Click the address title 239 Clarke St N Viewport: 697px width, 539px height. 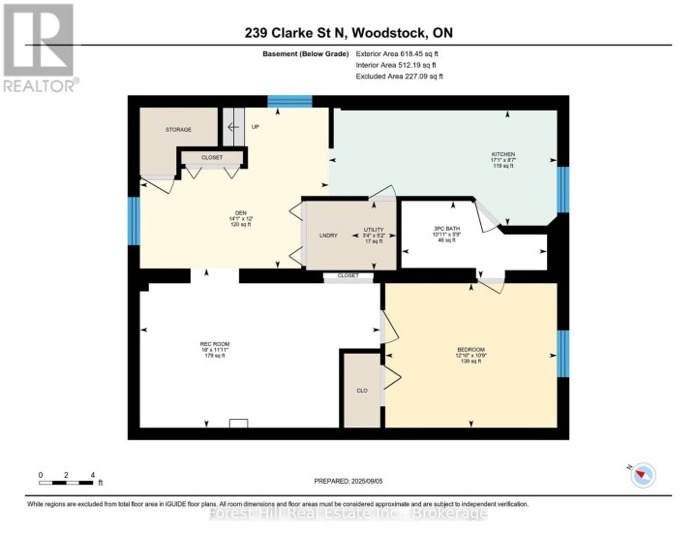coord(348,33)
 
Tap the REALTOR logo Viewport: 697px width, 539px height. coord(38,48)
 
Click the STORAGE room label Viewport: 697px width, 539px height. coord(178,129)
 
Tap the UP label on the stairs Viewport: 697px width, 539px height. coord(256,127)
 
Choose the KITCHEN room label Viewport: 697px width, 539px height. coord(502,154)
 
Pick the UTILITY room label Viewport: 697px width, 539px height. coord(374,229)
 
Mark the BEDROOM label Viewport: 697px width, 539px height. coord(470,349)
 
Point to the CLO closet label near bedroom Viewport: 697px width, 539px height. coord(361,391)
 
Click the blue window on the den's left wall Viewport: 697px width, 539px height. coord(135,221)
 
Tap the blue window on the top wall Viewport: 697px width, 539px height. coord(289,100)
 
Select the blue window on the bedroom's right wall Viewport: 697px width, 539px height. coord(562,353)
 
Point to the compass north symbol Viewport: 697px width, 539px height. coord(643,473)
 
